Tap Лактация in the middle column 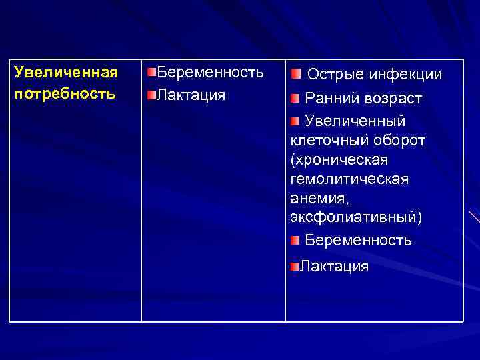(x=191, y=95)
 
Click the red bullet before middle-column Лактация (x=151, y=95)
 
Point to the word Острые (x=335, y=75)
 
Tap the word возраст (x=393, y=99)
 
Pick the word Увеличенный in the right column (x=355, y=121)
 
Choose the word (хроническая (x=339, y=161)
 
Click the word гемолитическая (x=350, y=180)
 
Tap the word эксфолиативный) (x=356, y=218)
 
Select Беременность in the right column (x=358, y=240)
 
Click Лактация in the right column (x=334, y=267)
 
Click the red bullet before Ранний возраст (x=295, y=99)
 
